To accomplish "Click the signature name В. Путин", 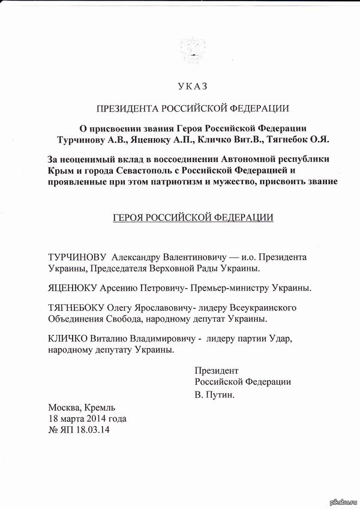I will click(x=214, y=396).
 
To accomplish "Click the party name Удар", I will click(x=279, y=339).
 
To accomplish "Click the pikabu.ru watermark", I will click(x=340, y=502).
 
